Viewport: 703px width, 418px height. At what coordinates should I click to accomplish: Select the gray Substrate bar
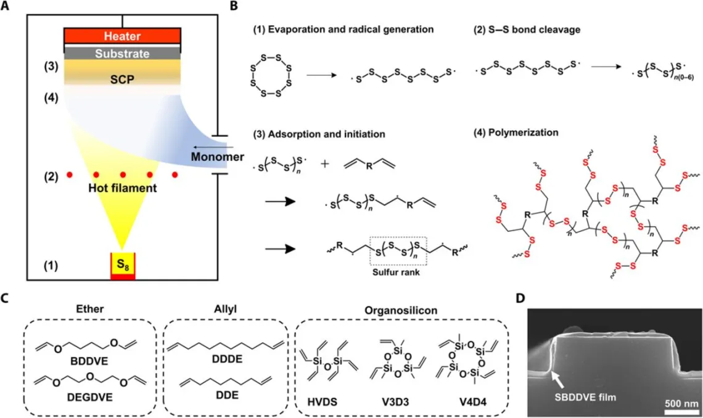tap(123, 54)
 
